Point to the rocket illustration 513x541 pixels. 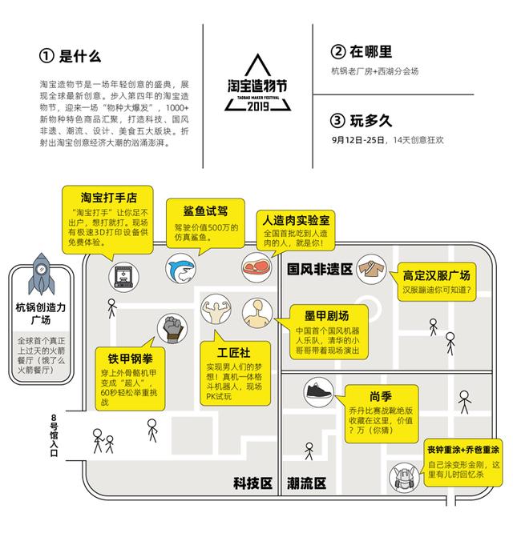click(x=41, y=275)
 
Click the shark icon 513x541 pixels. click(x=181, y=268)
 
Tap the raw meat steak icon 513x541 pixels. click(x=256, y=267)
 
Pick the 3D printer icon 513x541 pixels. click(x=123, y=277)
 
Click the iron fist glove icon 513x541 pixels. click(x=172, y=328)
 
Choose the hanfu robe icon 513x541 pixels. click(x=372, y=269)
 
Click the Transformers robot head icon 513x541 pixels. click(x=404, y=477)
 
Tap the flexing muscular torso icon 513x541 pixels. click(x=216, y=309)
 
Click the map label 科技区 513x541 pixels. click(x=252, y=483)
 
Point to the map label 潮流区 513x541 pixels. click(x=307, y=483)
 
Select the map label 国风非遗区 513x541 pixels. click(x=320, y=270)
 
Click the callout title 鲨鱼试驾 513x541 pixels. click(x=206, y=210)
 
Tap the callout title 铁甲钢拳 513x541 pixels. click(x=131, y=359)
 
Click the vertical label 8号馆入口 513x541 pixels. click(x=54, y=435)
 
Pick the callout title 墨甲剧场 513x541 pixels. click(x=327, y=315)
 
